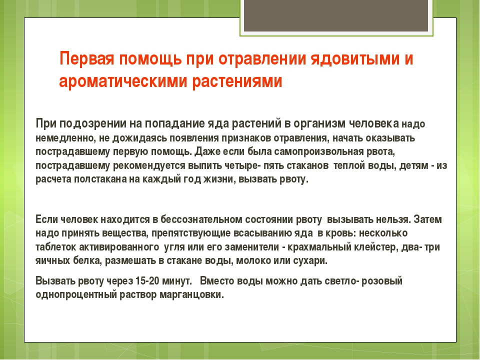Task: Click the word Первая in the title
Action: [x=87, y=58]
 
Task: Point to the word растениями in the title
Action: [x=237, y=81]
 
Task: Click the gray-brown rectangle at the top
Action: [x=336, y=15]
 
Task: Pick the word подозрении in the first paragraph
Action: [x=88, y=123]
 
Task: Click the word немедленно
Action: [x=65, y=138]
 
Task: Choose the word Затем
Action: [x=427, y=219]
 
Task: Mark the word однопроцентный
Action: [x=76, y=294]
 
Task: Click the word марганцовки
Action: [x=192, y=294]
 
